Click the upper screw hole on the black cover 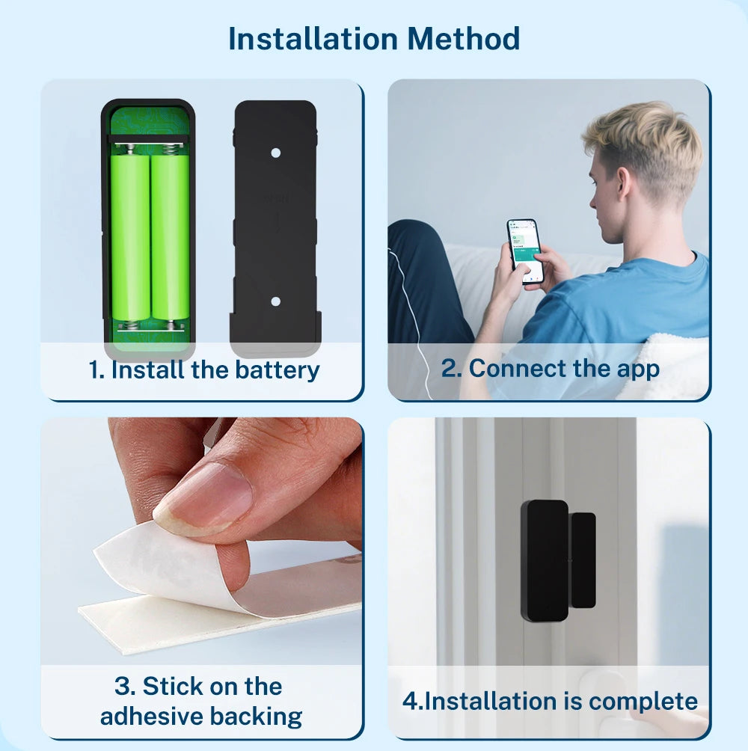[275, 153]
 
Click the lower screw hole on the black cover [275, 301]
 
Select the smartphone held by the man [525, 251]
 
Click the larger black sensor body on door [545, 561]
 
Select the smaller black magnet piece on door [583, 560]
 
